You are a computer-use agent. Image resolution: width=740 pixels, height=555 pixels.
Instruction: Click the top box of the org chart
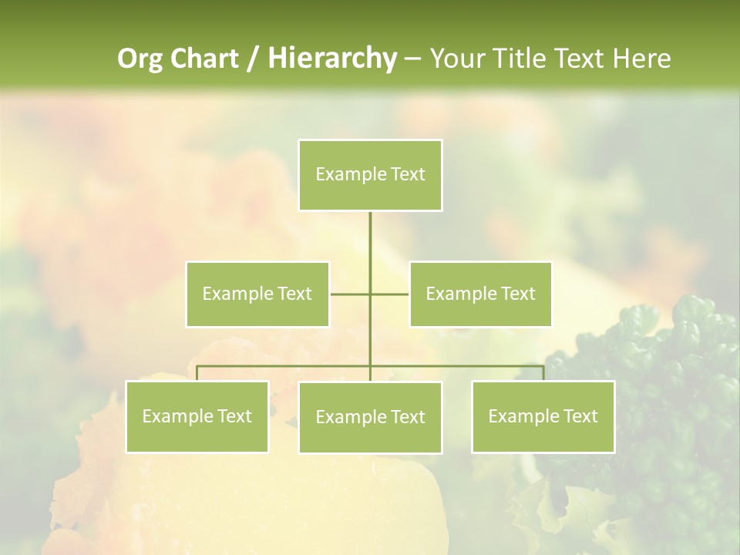[x=370, y=175]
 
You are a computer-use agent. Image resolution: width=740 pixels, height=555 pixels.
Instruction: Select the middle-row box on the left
[x=257, y=294]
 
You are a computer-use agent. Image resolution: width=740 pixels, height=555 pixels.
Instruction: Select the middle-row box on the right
[x=480, y=294]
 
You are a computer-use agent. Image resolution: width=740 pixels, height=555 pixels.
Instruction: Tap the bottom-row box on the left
[x=197, y=416]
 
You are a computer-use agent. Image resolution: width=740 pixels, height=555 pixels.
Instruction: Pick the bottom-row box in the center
[x=370, y=417]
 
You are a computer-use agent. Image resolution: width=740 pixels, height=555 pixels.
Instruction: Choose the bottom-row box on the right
[x=543, y=416]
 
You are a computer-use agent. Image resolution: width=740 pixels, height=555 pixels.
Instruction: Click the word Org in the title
[x=140, y=59]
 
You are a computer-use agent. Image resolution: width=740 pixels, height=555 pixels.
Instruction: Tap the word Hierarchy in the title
[x=331, y=59]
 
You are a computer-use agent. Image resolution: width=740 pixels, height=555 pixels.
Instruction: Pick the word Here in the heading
[x=641, y=59]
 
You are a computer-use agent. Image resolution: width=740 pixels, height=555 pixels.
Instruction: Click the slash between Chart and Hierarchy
[x=253, y=59]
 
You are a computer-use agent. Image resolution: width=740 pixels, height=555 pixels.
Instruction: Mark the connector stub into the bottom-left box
[x=197, y=373]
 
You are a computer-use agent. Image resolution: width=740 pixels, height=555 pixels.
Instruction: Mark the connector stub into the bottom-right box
[x=543, y=373]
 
